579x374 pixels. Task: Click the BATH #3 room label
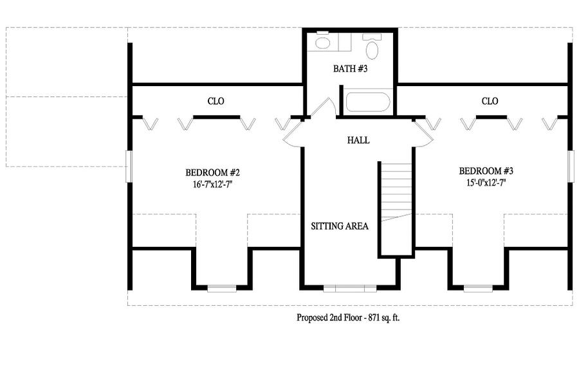click(350, 69)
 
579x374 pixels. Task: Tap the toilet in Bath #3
click(372, 46)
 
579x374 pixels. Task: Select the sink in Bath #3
click(323, 42)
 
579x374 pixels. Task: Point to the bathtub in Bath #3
click(367, 102)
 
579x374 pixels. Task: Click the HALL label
click(358, 140)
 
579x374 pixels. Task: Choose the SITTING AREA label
click(339, 226)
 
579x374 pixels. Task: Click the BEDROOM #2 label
click(212, 173)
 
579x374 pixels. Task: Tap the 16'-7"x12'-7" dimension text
click(212, 184)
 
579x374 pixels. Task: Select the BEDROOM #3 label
click(486, 171)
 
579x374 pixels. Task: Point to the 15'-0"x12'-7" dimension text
click(486, 183)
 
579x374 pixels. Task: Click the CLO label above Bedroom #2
click(216, 101)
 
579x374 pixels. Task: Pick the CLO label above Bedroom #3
click(490, 101)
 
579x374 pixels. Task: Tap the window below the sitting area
click(350, 288)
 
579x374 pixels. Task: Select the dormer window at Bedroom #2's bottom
click(221, 288)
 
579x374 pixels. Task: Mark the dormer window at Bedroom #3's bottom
click(478, 288)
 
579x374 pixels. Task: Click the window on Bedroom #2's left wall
click(129, 166)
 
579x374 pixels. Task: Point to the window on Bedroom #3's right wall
click(571, 166)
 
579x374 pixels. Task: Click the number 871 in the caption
click(374, 317)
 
